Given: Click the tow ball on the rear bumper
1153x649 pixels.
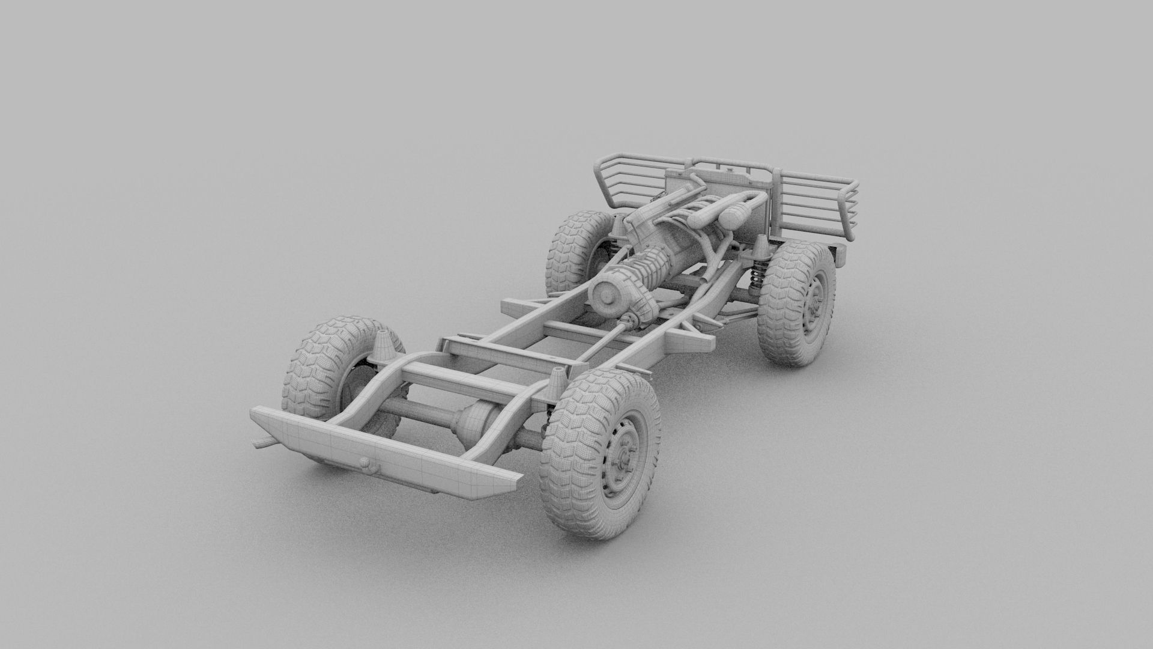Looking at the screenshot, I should click(x=365, y=462).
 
